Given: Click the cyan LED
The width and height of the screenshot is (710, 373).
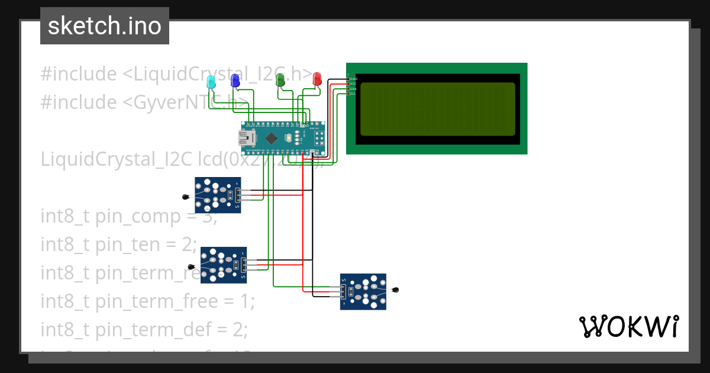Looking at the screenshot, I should pos(211,81).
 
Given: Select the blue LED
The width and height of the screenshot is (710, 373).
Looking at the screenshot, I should pos(235,80).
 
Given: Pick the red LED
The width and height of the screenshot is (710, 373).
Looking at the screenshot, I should pos(317,78).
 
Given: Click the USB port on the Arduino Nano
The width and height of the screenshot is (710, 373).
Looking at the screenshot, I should pos(244,139).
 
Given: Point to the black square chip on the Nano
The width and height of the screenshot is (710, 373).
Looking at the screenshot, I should pos(271,139).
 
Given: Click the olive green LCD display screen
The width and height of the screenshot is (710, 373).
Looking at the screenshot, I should pos(437,108).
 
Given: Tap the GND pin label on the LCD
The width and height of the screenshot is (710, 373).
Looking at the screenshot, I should pos(353,79).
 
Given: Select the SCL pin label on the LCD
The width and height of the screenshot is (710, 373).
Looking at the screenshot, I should pos(353,94).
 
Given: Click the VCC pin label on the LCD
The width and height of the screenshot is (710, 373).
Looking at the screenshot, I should pos(353,83).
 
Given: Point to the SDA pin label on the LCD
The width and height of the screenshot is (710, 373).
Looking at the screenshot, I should pos(353,89).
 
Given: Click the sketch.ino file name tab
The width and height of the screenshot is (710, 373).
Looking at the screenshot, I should pos(105,26).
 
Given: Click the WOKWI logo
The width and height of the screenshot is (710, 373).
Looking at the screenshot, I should pos(628,326).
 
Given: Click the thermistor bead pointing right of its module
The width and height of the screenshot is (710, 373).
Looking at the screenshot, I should pos(396,290).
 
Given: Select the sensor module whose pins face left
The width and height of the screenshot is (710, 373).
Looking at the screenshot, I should pos(363,291).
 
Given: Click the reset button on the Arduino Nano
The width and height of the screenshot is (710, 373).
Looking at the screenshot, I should pos(288,138).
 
